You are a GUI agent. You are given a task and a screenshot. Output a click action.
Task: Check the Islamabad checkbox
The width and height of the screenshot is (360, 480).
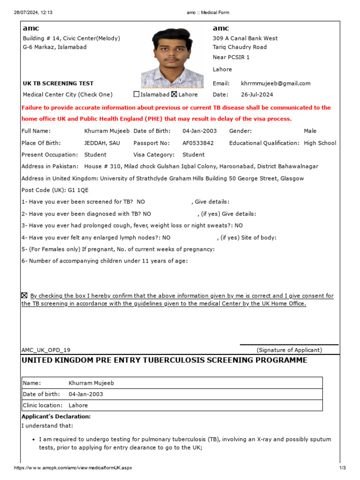click(136, 94)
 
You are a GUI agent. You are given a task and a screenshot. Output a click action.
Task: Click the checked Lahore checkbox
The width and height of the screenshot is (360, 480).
click(174, 94)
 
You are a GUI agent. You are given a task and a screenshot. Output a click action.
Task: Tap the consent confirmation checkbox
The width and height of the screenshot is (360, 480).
click(24, 295)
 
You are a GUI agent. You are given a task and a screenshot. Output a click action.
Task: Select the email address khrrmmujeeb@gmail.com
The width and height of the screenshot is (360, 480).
click(276, 83)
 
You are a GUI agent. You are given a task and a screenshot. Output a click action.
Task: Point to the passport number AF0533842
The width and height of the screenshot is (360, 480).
click(198, 143)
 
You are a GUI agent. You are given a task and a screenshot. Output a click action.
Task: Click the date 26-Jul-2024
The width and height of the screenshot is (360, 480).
click(257, 94)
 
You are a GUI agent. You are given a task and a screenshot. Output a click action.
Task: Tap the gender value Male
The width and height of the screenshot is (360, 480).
click(310, 131)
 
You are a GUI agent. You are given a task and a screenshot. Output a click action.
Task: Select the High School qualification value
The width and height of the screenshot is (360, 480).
click(320, 143)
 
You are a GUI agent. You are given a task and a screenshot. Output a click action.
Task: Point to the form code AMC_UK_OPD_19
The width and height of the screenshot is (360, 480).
click(46, 350)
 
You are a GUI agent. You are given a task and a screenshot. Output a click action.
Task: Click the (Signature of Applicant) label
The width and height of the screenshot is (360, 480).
click(289, 350)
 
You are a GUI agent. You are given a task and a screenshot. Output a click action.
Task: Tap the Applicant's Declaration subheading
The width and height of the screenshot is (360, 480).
click(56, 416)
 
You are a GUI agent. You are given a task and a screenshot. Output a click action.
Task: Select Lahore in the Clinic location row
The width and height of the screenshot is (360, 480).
click(78, 405)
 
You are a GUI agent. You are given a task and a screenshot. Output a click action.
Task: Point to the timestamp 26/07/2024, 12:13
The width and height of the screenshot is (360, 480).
click(33, 12)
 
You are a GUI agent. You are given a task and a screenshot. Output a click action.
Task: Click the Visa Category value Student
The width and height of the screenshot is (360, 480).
click(194, 155)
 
